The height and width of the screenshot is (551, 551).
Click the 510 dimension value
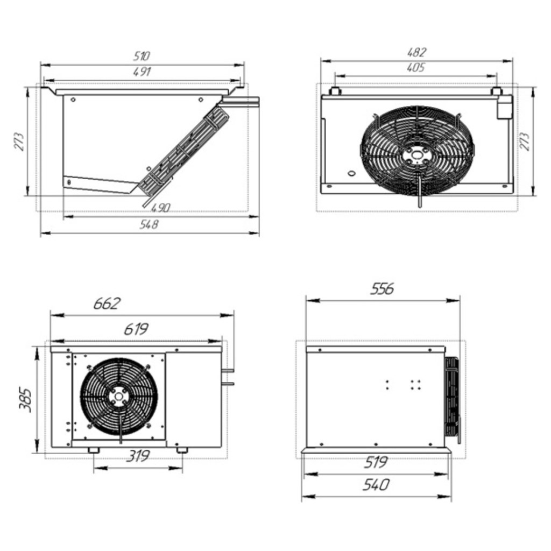pyautogui.click(x=142, y=56)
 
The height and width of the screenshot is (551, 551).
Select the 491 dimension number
pyautogui.click(x=142, y=72)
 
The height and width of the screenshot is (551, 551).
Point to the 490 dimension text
pyautogui.click(x=160, y=208)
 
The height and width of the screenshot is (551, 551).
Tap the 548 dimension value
pyautogui.click(x=149, y=224)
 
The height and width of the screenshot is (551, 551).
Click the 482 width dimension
pyautogui.click(x=417, y=52)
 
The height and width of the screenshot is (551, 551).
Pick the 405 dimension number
pyautogui.click(x=416, y=67)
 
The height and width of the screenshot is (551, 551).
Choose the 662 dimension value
pyautogui.click(x=107, y=303)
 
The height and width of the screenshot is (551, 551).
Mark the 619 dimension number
pyautogui.click(x=136, y=329)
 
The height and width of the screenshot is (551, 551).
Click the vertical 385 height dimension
pyautogui.click(x=26, y=400)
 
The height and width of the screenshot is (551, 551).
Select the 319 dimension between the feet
pyautogui.click(x=138, y=456)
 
